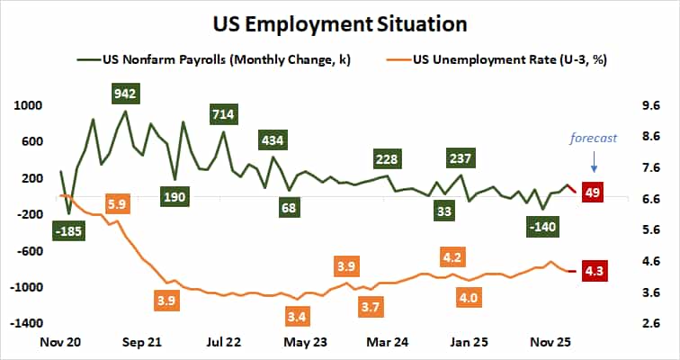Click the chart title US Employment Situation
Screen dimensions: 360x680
pos(340,22)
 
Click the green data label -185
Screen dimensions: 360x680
pos(67,232)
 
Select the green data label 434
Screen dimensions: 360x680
pos(273,140)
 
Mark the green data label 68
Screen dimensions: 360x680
pos(288,209)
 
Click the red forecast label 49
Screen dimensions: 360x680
pos(593,191)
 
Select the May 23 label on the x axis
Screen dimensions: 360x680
pos(305,342)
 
